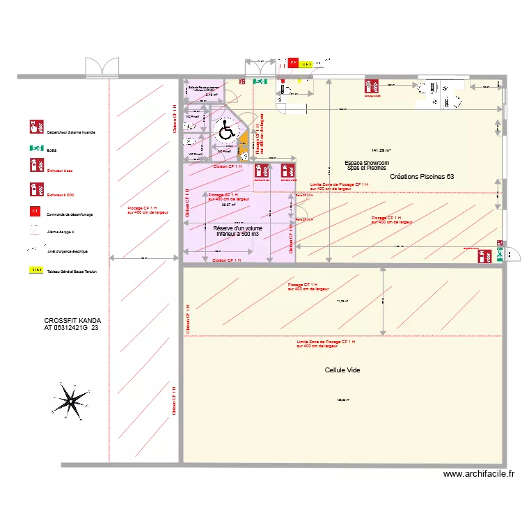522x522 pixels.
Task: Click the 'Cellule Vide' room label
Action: tap(342, 370)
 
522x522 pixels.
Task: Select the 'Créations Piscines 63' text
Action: tap(422, 177)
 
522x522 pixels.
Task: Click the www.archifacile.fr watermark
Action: tap(478, 474)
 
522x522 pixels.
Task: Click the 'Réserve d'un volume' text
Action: tap(238, 228)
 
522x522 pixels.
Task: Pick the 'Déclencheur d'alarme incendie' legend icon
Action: tap(34, 127)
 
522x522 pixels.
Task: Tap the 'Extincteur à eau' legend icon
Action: tap(34, 165)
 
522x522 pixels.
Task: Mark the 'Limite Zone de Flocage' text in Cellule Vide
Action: tap(326, 342)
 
